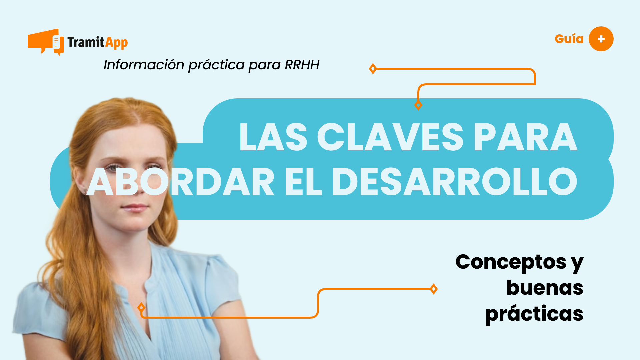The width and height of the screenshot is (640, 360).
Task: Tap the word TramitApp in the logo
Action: pyautogui.click(x=98, y=42)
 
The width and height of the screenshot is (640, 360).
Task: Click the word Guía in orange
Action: pyautogui.click(x=569, y=39)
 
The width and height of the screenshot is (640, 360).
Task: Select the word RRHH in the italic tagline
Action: pyautogui.click(x=302, y=65)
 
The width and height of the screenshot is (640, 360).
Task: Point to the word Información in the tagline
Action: pyautogui.click(x=144, y=65)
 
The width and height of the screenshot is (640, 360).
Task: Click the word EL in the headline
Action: pyautogui.click(x=303, y=182)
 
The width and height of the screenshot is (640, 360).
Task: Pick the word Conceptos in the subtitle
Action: pyautogui.click(x=511, y=262)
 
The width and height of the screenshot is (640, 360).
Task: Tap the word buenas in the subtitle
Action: pyautogui.click(x=545, y=288)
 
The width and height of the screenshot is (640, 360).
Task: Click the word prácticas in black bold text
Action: pyautogui.click(x=534, y=314)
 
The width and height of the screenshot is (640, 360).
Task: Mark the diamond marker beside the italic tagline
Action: pyautogui.click(x=373, y=69)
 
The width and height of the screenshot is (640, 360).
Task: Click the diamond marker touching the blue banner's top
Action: pyautogui.click(x=418, y=105)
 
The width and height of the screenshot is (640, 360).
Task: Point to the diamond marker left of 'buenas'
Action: pyautogui.click(x=434, y=289)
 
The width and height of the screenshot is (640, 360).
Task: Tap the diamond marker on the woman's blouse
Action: pyautogui.click(x=141, y=307)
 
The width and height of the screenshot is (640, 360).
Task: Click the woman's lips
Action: pyautogui.click(x=135, y=208)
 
